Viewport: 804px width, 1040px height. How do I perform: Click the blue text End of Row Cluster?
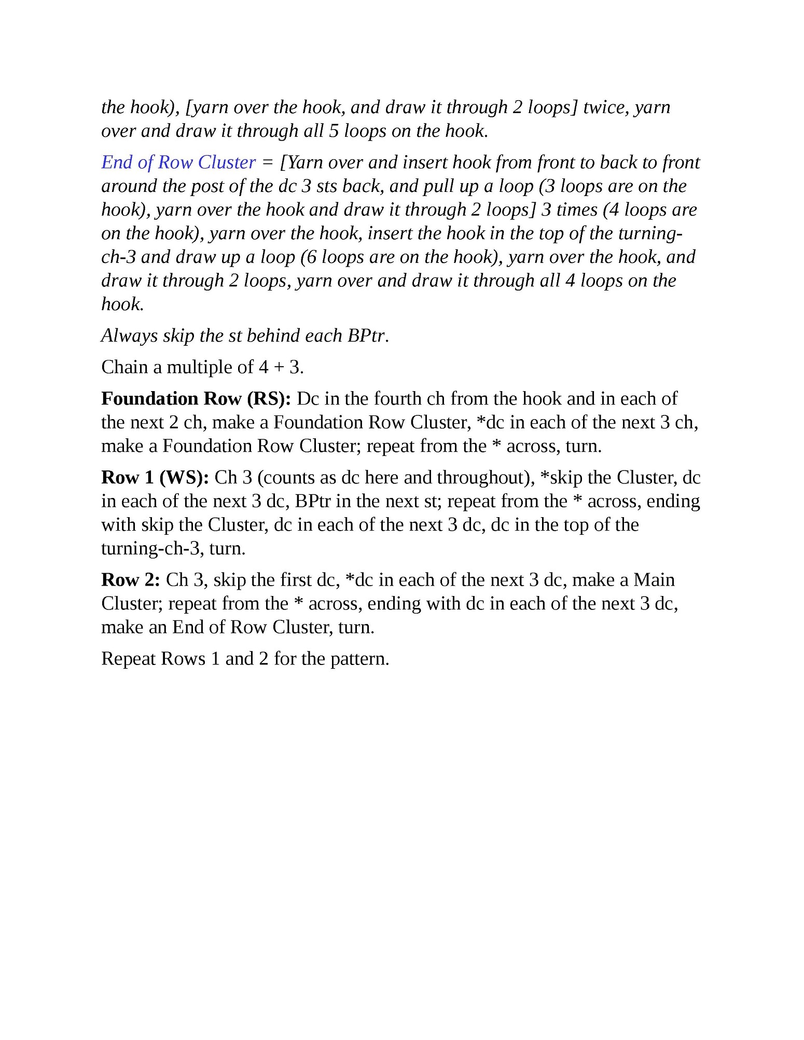178,162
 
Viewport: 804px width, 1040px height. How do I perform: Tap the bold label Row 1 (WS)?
155,477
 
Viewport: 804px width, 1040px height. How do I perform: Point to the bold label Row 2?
130,579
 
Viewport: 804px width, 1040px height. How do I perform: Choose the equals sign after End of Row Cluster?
268,163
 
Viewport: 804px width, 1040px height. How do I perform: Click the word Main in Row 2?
654,579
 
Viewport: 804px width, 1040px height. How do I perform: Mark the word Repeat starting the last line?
129,659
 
